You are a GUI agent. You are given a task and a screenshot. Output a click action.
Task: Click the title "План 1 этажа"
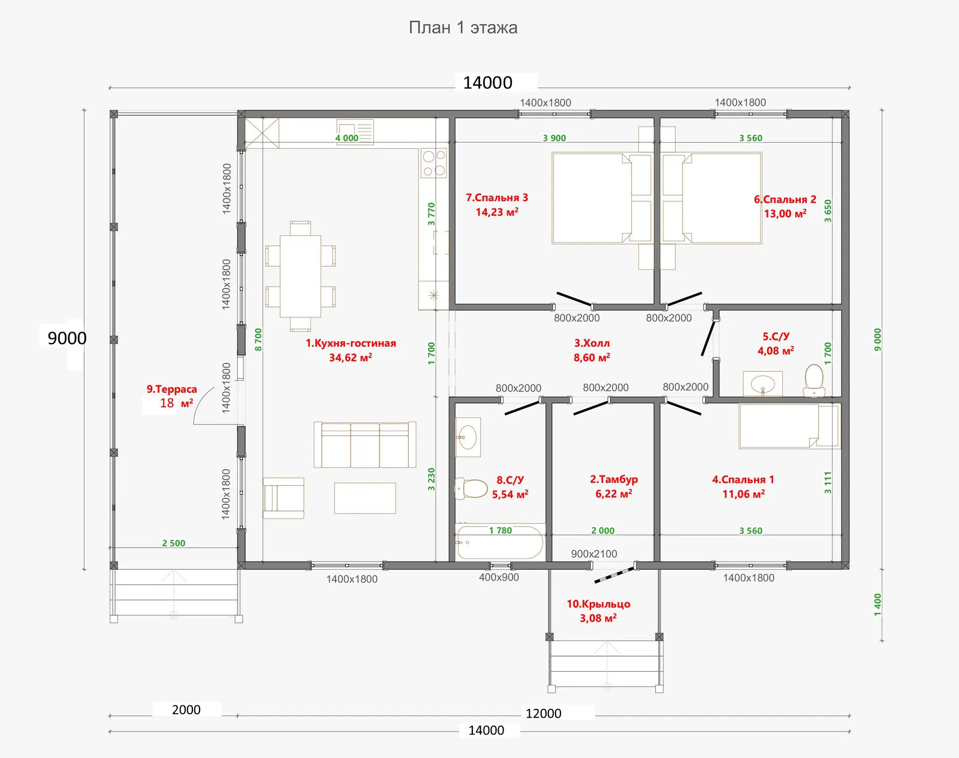463,28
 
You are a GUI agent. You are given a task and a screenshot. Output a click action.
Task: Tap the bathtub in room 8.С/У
500,542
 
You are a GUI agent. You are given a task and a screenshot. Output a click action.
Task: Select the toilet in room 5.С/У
814,380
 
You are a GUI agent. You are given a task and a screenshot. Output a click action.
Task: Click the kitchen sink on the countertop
355,132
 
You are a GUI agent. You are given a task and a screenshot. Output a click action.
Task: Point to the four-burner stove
433,163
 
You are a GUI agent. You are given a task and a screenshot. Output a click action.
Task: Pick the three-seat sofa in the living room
365,444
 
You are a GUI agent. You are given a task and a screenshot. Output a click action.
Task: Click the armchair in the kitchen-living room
284,498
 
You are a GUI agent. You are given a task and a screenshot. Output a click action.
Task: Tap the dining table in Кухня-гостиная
300,276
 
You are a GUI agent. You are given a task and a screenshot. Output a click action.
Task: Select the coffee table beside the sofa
365,498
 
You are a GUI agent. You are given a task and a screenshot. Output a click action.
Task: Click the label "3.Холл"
592,343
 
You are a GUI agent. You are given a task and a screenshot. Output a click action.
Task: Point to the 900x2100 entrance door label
594,554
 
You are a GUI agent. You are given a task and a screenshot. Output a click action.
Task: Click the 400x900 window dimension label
499,577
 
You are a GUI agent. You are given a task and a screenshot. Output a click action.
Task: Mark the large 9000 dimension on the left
67,338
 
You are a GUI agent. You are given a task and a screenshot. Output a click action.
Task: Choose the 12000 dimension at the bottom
543,714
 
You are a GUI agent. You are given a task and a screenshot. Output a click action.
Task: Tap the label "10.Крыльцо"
599,604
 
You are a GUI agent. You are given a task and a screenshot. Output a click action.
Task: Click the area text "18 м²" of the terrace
176,403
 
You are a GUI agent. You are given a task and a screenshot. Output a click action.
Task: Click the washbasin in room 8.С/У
468,437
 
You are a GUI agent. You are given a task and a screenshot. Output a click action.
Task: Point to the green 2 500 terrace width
173,543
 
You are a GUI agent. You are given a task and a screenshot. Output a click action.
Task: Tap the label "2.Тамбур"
614,479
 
